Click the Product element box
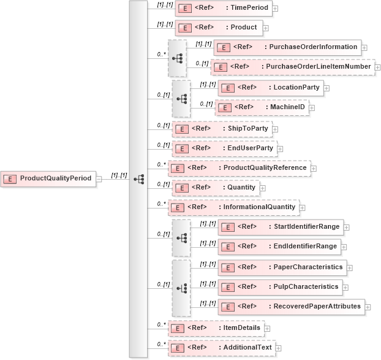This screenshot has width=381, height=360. click(219, 28)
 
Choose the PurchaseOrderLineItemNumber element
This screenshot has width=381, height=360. click(292, 67)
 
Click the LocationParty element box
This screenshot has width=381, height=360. click(270, 88)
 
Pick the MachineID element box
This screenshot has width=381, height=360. click(261, 107)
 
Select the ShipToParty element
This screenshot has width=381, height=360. click(221, 129)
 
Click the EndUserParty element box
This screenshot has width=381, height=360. click(224, 148)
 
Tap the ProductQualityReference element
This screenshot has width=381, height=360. click(239, 167)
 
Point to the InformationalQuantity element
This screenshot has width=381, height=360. click(233, 207)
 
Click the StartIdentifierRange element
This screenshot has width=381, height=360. click(280, 227)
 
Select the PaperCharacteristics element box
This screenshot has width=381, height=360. click(282, 267)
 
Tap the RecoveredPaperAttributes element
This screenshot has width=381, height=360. click(292, 306)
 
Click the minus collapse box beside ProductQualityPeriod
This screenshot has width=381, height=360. click(99, 178)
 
